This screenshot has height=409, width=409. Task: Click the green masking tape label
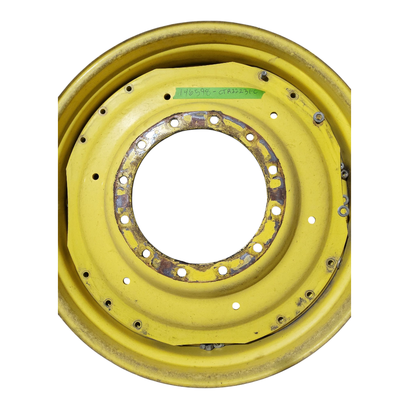tap(219, 93)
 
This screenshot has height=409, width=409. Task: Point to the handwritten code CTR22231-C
tap(240, 93)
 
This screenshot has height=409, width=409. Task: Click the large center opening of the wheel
tap(199, 196)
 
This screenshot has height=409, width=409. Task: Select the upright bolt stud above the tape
tap(264, 75)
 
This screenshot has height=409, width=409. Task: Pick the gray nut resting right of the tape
tap(318, 117)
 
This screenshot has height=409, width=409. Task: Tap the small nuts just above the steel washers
tap(344, 173)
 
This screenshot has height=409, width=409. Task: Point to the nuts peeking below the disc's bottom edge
tap(212, 346)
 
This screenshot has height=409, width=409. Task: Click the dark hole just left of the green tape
tap(167, 96)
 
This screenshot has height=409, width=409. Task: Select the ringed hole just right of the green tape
tap(293, 95)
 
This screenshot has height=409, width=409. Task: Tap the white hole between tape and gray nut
tap(274, 115)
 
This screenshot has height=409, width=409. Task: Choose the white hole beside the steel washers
tap(311, 220)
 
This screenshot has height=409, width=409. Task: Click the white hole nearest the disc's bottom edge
tap(236, 306)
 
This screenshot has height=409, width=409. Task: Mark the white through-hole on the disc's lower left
tap(127, 281)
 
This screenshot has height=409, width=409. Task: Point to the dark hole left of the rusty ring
tap(95, 176)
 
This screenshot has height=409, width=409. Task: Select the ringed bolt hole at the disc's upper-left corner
tap(129, 88)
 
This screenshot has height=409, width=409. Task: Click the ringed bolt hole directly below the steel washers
tap(331, 263)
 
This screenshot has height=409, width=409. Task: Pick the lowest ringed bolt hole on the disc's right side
tap(281, 320)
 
